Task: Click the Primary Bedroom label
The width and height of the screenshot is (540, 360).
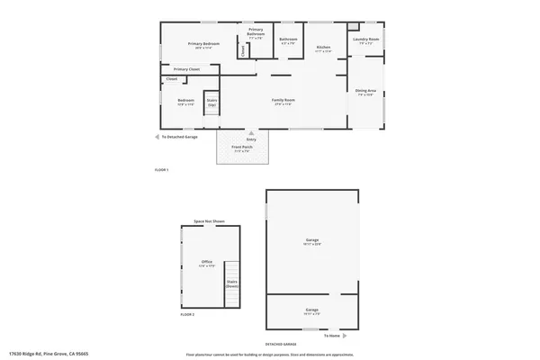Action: click(204, 44)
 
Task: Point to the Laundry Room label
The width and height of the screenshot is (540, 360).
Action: click(365, 40)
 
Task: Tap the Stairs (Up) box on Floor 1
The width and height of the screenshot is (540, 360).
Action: click(212, 103)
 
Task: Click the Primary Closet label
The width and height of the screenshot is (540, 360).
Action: click(186, 69)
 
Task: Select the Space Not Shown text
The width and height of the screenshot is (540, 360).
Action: click(209, 220)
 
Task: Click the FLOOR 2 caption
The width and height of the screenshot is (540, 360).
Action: click(187, 314)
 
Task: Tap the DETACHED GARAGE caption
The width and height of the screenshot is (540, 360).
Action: click(282, 344)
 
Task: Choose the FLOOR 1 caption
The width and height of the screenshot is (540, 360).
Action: click(162, 170)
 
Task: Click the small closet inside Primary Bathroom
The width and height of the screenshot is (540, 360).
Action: click(242, 50)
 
